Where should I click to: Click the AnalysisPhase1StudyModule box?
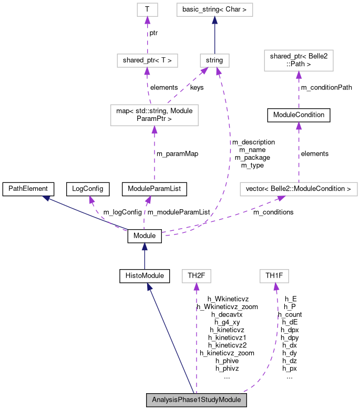tap(197, 400)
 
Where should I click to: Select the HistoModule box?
tap(145, 276)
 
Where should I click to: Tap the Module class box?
tap(145, 236)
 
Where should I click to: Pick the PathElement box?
tap(28, 189)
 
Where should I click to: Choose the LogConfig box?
tap(88, 189)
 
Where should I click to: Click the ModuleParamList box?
tap(155, 189)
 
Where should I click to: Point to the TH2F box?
tap(197, 276)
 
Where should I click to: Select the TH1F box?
tap(274, 276)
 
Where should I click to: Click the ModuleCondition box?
tap(299, 115)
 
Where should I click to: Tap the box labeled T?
tap(148, 9)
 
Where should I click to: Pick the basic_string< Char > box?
tap(214, 9)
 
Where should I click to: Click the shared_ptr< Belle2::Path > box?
tap(299, 60)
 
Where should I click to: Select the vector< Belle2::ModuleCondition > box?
tap(299, 189)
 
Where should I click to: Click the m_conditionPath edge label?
tap(326, 88)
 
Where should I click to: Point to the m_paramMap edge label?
tap(177, 153)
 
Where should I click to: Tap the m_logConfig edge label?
tap(122, 212)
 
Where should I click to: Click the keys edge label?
tap(197, 88)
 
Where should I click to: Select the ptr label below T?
tap(153, 33)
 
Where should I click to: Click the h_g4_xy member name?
tap(227, 322)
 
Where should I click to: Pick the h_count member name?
tap(290, 314)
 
